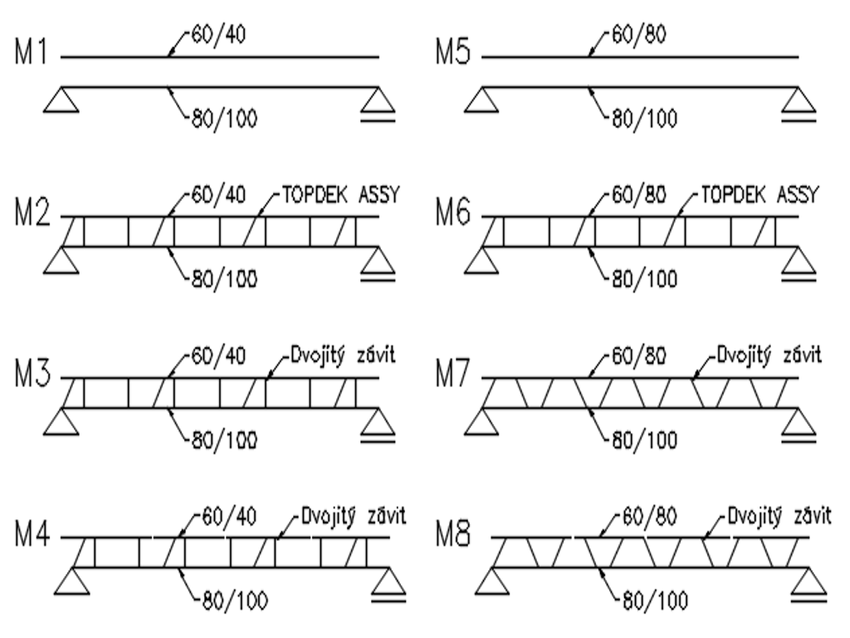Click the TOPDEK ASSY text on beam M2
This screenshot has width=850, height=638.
tap(341, 197)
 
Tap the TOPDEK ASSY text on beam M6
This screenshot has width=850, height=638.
tap(760, 197)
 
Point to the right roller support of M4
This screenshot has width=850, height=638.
tap(389, 584)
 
